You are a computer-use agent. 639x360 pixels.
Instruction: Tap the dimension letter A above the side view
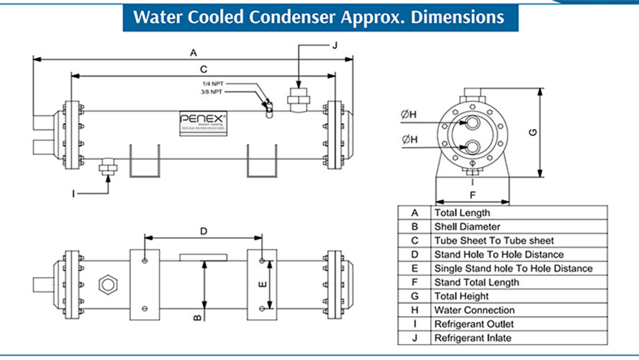point(193,53)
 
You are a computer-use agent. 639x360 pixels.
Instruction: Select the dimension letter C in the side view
point(204,69)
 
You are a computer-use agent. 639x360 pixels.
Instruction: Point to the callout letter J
point(334,45)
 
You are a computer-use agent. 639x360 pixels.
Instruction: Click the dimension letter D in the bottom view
point(204,231)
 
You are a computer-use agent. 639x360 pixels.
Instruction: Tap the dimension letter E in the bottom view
point(263,284)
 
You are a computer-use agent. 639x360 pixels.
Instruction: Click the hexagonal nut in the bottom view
point(109,284)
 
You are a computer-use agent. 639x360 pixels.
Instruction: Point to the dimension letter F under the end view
point(472,194)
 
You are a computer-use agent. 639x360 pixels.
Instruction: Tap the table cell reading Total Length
point(462,213)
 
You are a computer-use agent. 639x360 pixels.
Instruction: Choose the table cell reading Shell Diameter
point(467,227)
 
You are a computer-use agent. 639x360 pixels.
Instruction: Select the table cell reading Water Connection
point(474,310)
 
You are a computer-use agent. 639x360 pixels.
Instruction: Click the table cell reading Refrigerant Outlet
point(476,323)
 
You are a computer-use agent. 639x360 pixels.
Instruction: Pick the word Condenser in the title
point(299,16)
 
